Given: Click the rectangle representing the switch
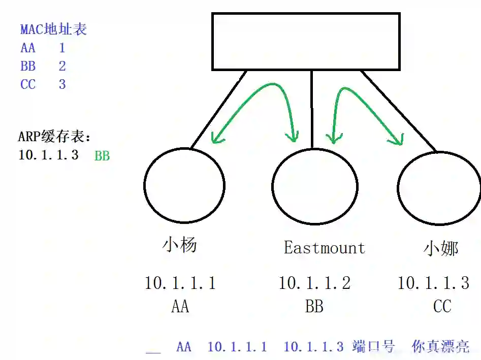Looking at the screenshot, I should click(306, 41).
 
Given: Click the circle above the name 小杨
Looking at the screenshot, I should click(184, 185).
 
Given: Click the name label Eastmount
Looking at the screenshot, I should click(324, 248).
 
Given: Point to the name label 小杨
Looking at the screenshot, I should click(179, 245).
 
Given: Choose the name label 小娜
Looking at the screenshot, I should click(441, 248).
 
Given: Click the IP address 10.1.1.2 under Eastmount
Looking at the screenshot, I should click(314, 283).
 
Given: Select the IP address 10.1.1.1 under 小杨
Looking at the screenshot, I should click(180, 283).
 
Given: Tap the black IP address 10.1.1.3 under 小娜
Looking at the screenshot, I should click(433, 283).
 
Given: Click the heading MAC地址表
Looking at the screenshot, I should click(53, 29).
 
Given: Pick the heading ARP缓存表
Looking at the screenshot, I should click(55, 137).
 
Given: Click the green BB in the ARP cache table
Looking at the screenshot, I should click(102, 156).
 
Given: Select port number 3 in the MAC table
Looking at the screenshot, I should click(62, 84).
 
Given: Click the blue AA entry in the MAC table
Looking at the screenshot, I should click(28, 48).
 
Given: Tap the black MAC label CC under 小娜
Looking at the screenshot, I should click(442, 306).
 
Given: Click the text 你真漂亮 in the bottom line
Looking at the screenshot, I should click(440, 347).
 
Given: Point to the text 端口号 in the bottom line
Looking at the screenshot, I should click(373, 347).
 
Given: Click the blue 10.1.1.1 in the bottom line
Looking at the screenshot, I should click(237, 347).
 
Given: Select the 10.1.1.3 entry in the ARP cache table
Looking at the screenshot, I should click(48, 155).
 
